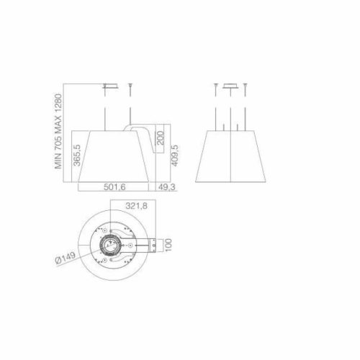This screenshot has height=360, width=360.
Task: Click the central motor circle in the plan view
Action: click(112, 244)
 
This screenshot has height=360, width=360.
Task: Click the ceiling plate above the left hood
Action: click(110, 88)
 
